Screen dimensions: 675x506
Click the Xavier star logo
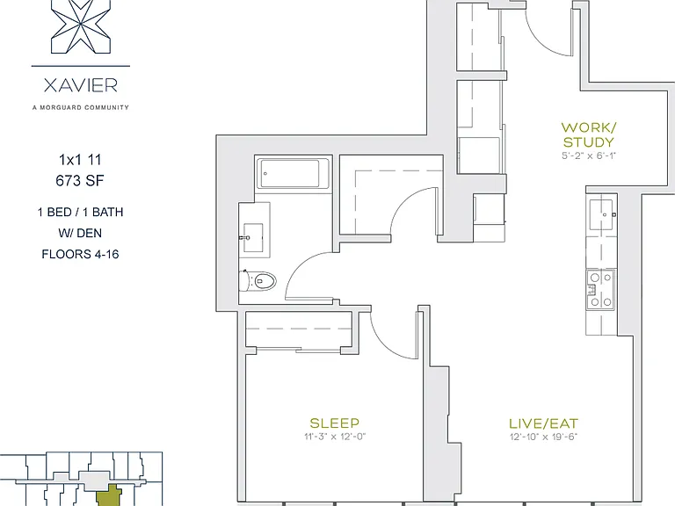(x=81, y=26)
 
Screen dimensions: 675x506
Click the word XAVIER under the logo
(x=81, y=85)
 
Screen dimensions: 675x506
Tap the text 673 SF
(x=80, y=181)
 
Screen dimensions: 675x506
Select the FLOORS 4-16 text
(x=80, y=254)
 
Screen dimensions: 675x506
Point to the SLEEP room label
(x=335, y=423)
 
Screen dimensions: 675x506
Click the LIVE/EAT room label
(x=543, y=423)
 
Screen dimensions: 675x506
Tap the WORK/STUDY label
(x=589, y=134)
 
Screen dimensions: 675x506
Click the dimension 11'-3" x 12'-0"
(x=335, y=437)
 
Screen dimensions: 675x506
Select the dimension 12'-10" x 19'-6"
(x=543, y=437)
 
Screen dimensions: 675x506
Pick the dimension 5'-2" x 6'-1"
(x=589, y=155)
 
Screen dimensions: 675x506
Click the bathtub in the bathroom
(x=294, y=173)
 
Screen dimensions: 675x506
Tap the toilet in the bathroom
(x=258, y=281)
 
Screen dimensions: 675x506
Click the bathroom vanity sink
(x=253, y=237)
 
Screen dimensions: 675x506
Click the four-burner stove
(x=600, y=290)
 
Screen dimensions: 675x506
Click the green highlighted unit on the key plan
(x=107, y=495)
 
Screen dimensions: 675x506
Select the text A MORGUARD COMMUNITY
(x=81, y=107)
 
